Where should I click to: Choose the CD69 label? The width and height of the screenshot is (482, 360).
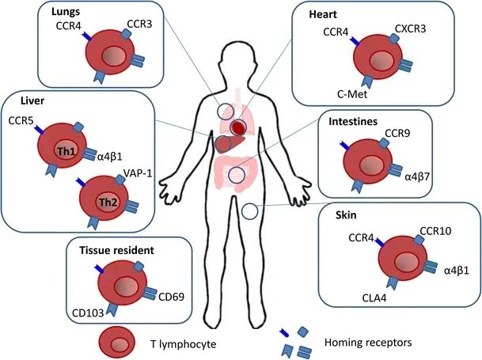point(173,297)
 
